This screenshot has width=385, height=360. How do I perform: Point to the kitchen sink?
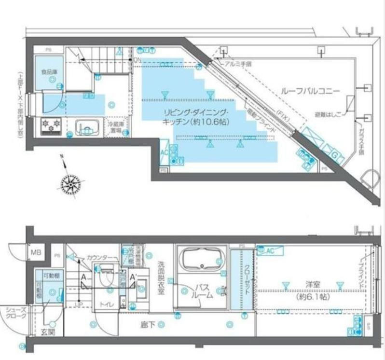[x=86, y=127]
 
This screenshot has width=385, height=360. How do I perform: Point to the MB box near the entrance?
[x=36, y=252]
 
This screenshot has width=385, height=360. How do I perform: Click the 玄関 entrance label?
[x=47, y=332]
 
